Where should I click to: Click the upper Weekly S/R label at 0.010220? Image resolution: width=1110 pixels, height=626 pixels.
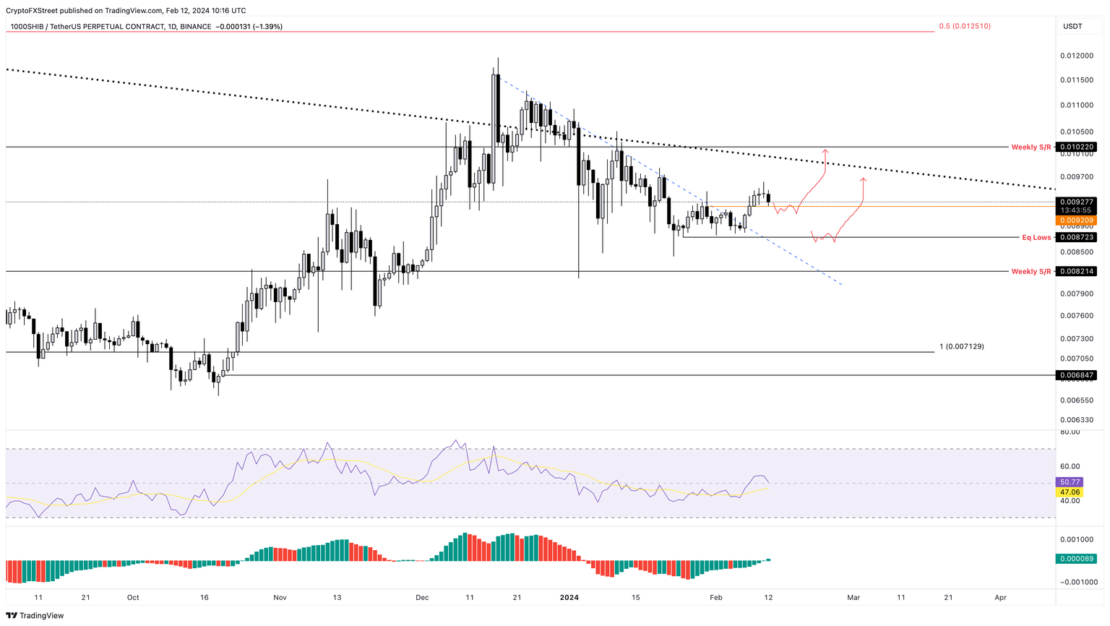(x=1031, y=147)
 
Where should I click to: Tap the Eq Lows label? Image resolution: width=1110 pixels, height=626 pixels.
(x=1036, y=238)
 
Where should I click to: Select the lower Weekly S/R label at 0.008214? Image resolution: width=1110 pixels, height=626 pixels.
(x=1031, y=272)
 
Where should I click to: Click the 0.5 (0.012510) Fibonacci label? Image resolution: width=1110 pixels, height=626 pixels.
(x=964, y=26)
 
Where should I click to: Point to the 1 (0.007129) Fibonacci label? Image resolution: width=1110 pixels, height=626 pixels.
(x=961, y=347)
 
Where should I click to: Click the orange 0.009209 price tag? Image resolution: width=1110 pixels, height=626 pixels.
(x=1076, y=220)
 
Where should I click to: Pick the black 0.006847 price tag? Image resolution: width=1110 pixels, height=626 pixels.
(x=1076, y=376)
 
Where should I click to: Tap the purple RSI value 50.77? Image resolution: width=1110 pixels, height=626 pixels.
(x=1070, y=482)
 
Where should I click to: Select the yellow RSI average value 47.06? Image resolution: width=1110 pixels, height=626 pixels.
(x=1070, y=492)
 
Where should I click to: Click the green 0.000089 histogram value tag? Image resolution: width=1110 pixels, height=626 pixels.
(x=1076, y=559)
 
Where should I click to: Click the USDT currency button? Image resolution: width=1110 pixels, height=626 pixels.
(x=1072, y=27)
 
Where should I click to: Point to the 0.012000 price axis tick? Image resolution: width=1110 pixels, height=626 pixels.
(x=1076, y=56)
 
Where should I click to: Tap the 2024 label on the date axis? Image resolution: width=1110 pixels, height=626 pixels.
(x=569, y=598)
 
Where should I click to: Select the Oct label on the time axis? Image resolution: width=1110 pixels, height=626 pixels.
(x=133, y=598)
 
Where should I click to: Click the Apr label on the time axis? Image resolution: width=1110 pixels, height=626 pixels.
(x=1000, y=598)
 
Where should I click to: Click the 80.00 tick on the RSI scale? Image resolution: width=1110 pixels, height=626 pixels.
(x=1070, y=432)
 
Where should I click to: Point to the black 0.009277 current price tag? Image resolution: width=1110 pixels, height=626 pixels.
(x=1076, y=202)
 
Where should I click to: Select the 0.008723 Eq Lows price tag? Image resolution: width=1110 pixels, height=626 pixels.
(x=1076, y=238)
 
